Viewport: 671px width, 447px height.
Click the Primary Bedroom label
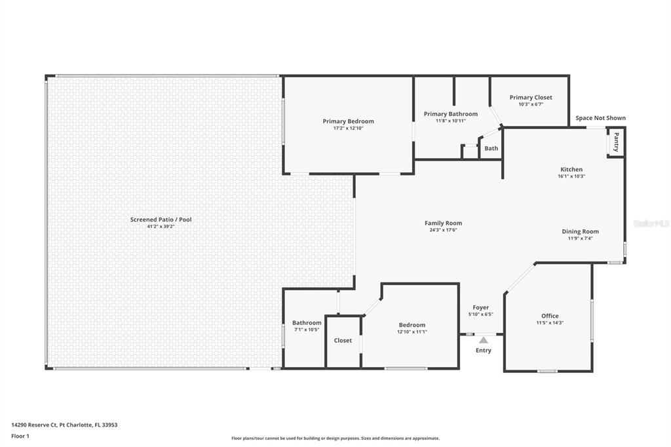348,121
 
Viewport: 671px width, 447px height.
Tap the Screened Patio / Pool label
161,220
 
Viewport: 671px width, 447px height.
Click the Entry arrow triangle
483,340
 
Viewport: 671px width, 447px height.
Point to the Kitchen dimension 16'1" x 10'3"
571,176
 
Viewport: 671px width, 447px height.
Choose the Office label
550,316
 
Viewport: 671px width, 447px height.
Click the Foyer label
480,307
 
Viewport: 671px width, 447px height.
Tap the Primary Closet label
531,97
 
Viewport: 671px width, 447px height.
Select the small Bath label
491,148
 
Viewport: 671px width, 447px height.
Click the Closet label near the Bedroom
343,340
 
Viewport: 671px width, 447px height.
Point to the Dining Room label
581,231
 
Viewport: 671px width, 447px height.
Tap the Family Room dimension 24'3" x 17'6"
444,230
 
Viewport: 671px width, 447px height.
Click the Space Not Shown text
600,118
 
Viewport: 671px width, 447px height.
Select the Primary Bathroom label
451,114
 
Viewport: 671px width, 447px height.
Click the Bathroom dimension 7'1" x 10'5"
307,330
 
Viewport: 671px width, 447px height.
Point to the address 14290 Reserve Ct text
34,425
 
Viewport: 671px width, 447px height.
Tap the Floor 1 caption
20,437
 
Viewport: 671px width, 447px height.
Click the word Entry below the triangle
484,350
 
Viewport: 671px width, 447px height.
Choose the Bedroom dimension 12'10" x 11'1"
412,332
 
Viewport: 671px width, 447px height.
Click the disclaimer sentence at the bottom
335,438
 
